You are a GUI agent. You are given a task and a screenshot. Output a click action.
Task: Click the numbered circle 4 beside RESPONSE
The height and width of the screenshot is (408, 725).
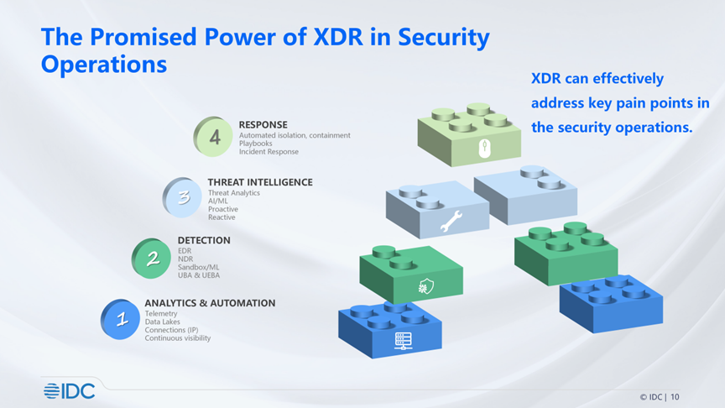point(213,137)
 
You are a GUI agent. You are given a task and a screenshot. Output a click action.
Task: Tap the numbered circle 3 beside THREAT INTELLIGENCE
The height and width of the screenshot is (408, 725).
point(182,197)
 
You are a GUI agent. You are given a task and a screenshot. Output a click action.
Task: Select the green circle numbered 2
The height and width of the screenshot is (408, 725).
point(151,258)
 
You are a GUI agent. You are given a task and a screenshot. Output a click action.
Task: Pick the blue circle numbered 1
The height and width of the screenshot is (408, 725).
point(120,319)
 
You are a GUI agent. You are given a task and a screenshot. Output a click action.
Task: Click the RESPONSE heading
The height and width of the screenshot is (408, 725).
point(263,125)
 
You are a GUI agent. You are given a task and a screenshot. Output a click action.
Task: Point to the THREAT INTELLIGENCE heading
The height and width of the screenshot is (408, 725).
point(260,182)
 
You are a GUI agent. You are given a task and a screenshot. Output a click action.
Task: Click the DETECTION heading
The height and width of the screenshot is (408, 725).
point(204,241)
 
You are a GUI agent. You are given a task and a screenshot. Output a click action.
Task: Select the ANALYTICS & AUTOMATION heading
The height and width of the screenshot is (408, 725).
point(210,303)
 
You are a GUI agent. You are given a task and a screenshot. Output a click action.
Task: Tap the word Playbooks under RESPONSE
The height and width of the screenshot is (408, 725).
point(256,144)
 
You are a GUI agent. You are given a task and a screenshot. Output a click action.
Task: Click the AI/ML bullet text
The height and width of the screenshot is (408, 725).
point(218,201)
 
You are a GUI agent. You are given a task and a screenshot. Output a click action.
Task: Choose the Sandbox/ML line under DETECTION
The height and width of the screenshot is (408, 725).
point(199,267)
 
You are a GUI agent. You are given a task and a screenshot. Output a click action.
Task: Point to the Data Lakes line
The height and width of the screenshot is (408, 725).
point(162,322)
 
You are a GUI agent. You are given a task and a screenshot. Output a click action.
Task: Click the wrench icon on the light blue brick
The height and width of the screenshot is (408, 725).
point(451,221)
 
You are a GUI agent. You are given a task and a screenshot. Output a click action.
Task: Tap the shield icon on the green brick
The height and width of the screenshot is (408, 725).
point(425,286)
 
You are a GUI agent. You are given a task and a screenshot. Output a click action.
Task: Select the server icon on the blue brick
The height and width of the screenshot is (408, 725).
point(403,341)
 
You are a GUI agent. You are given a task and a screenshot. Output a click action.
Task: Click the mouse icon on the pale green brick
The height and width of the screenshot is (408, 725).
point(484,149)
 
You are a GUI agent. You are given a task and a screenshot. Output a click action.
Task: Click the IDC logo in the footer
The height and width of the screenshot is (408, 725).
point(70,391)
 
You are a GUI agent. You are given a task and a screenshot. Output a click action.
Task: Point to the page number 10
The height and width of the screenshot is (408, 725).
point(675,397)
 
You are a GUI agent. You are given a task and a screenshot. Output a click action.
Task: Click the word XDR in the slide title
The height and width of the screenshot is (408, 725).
point(338,37)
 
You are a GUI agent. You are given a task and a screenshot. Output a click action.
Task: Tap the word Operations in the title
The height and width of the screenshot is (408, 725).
point(104,65)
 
